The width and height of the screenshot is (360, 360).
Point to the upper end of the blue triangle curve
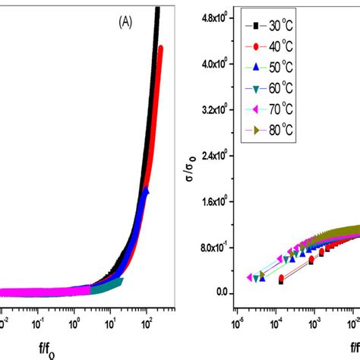[x=145, y=190]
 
